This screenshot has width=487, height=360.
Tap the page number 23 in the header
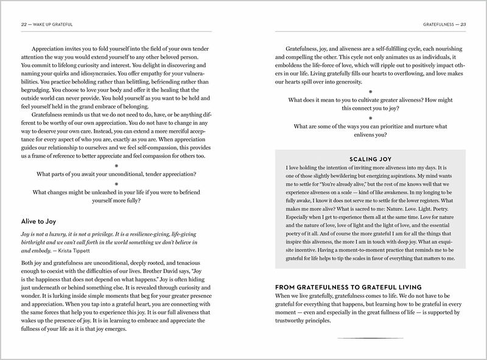pos(463,24)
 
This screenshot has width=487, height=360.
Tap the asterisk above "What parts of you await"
pos(116,165)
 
